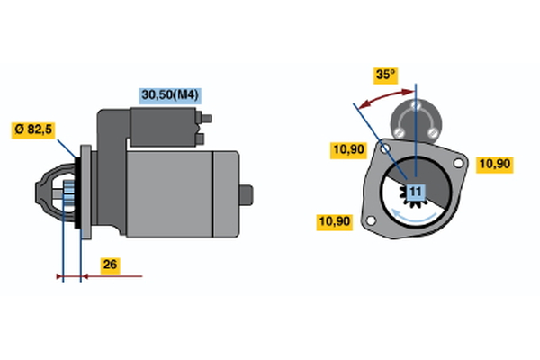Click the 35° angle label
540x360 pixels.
pos(385,76)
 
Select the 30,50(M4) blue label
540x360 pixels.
pos(170,95)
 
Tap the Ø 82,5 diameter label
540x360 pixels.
pos(33,130)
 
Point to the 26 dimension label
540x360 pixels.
pos(110,265)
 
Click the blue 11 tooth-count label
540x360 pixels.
pos(416,193)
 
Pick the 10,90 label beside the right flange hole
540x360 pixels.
pos(495,165)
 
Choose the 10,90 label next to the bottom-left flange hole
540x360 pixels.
pos(335,222)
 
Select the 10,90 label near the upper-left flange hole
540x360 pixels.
pos(349,150)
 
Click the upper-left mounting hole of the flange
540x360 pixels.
pos(384,148)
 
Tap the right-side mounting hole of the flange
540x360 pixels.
pos(458,163)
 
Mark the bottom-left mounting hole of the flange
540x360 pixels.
pos(371,220)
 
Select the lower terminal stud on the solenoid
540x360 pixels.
pos(200,139)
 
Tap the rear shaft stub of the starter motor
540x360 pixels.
pos(247,195)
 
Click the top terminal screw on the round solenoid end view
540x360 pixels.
pos(417,105)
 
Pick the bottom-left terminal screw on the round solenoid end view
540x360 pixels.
pos(400,132)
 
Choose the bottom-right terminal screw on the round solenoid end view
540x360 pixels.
pos(433,132)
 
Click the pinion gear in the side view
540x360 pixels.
pos(69,195)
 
